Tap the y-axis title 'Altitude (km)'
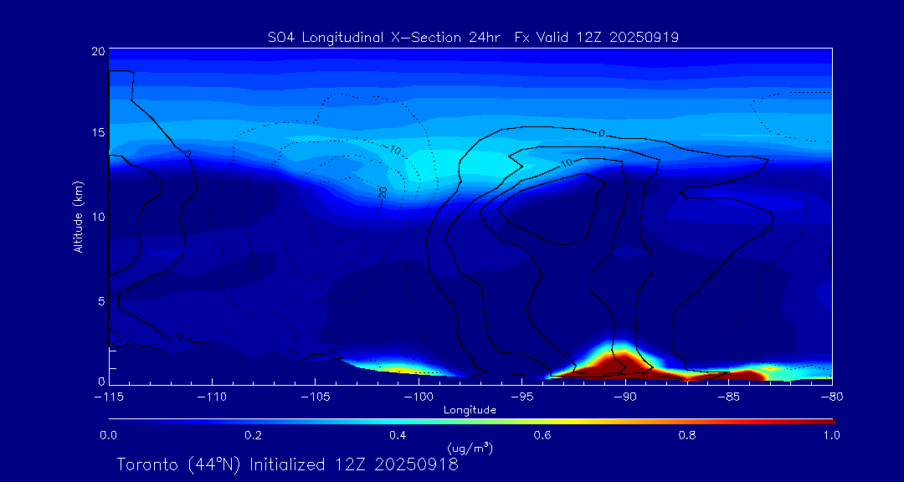click(x=78, y=217)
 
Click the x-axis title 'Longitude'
click(x=470, y=410)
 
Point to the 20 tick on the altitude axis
click(x=97, y=52)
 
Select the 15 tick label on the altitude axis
click(x=97, y=133)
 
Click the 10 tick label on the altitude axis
click(x=97, y=218)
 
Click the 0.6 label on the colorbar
click(x=542, y=435)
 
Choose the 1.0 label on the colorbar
click(x=831, y=435)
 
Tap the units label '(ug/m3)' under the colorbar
click(x=470, y=449)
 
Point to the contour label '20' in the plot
click(x=382, y=192)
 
